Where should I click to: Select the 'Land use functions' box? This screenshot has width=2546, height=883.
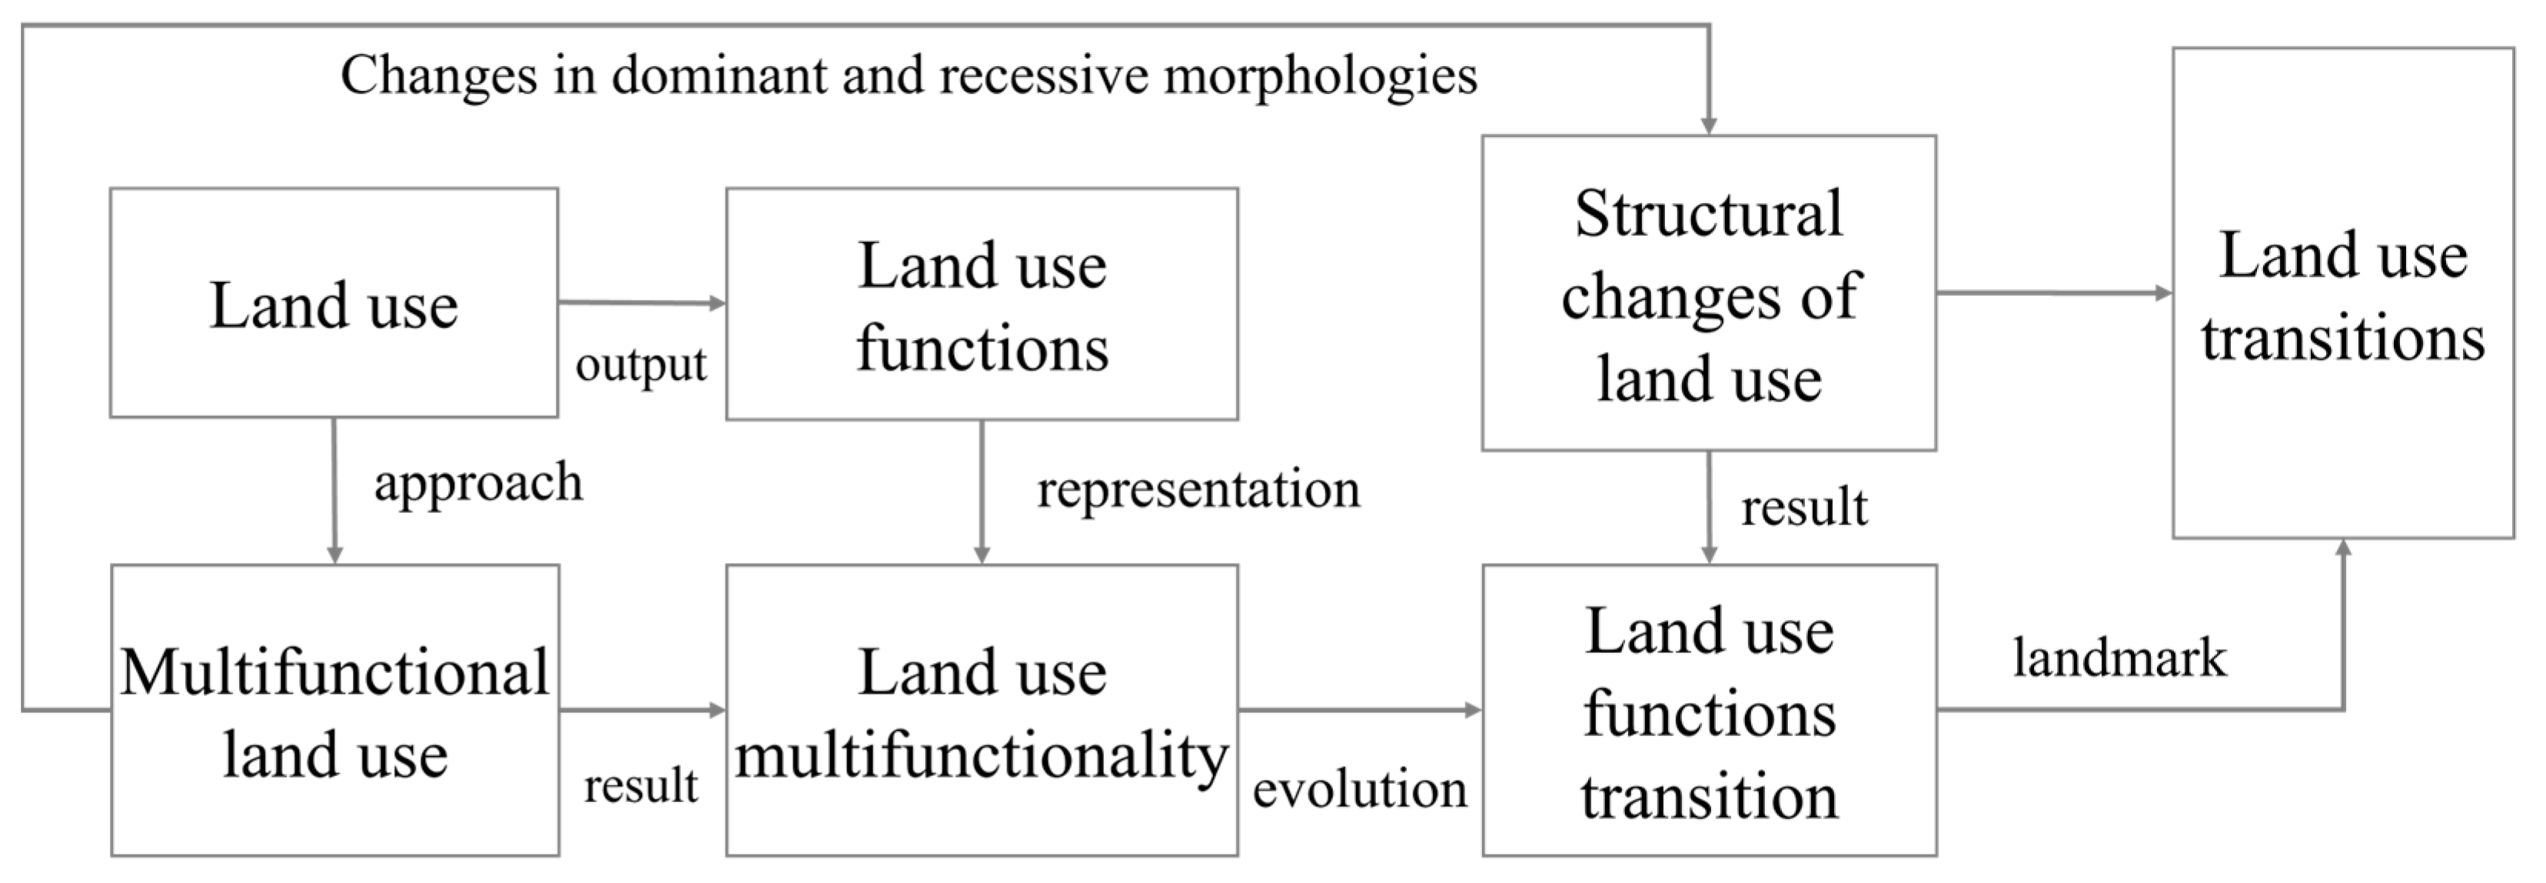tap(982, 305)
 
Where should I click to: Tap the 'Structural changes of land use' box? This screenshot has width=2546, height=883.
tap(1708, 294)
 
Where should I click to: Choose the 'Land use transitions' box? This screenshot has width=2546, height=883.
tap(2342, 294)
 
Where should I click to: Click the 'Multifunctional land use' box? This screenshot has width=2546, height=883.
tap(334, 710)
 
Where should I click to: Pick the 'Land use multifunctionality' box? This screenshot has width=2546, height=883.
tap(982, 710)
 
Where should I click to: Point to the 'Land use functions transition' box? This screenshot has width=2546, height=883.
tap(1709, 710)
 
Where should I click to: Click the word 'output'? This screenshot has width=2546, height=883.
tap(640, 364)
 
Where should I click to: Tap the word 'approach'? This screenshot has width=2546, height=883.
tap(478, 482)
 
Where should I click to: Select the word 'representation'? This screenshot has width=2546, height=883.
tap(1198, 489)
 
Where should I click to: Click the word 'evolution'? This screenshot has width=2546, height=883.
tap(1359, 789)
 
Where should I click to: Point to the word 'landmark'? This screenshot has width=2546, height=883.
tap(2120, 658)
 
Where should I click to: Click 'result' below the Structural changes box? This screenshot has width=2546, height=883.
tap(1803, 507)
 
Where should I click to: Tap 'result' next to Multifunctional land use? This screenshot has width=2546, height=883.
tap(640, 786)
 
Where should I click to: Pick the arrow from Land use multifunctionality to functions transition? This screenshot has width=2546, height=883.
tap(1359, 709)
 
